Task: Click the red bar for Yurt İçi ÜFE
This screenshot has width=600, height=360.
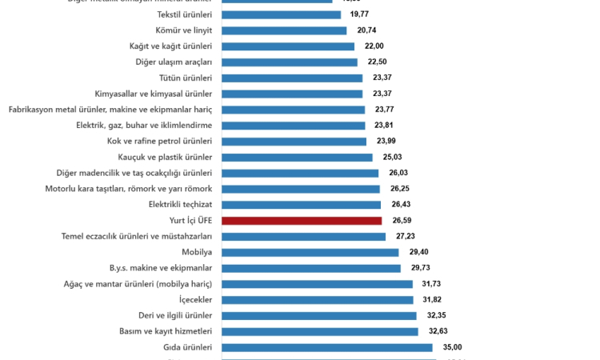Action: coord(302,220)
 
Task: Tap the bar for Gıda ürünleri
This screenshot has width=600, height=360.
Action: coord(326,347)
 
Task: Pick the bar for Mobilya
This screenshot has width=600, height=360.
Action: coord(310,252)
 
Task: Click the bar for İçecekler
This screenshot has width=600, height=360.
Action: coord(317,299)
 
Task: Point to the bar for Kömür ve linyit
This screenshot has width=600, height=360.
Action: coord(283,30)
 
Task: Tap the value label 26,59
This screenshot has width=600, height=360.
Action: coord(402,220)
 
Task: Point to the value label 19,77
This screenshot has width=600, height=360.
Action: coord(360,14)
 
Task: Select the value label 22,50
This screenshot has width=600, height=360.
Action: coord(377,62)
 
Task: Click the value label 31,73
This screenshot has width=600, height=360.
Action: coord(433,283)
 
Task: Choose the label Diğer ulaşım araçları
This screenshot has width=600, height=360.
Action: coord(174,62)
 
